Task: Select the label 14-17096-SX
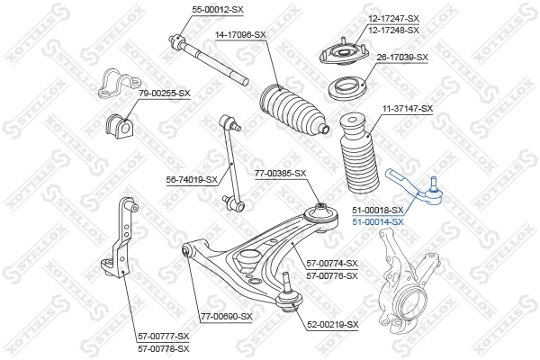[x=239, y=34]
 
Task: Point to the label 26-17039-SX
[x=401, y=57]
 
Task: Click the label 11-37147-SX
[x=407, y=108]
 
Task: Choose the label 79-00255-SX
[x=164, y=92]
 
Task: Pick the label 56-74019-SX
[x=192, y=179]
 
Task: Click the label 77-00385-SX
[x=280, y=173]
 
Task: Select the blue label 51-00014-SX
[x=377, y=221]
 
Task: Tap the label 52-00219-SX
[x=332, y=324]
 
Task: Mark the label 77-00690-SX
[x=227, y=317]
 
